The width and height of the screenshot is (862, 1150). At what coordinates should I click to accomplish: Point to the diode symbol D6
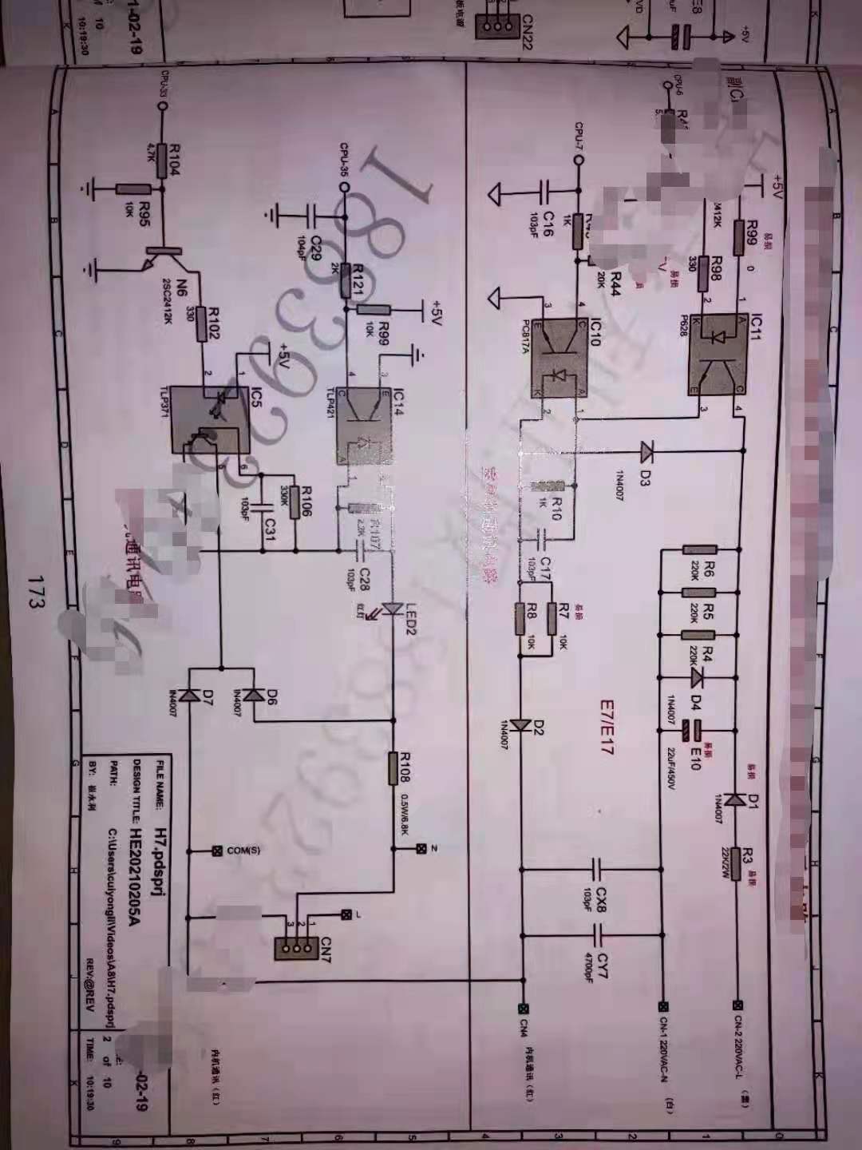[254, 695]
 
